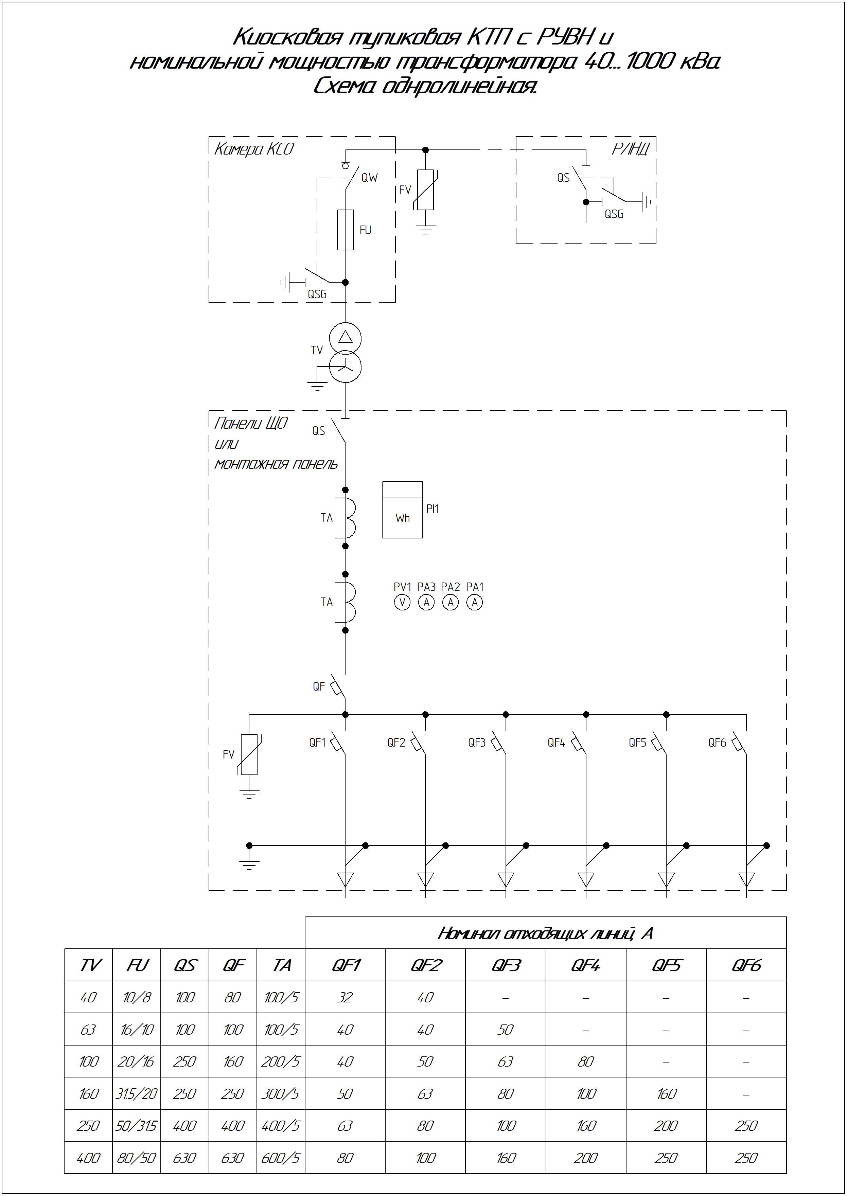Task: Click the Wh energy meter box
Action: click(x=402, y=510)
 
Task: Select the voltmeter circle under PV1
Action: click(x=402, y=602)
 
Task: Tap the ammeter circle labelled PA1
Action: click(x=475, y=602)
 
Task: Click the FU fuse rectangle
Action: click(x=345, y=230)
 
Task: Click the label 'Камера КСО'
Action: click(x=254, y=150)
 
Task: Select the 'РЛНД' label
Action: click(x=631, y=150)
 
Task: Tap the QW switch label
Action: click(x=369, y=178)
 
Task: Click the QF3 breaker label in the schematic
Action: click(x=477, y=743)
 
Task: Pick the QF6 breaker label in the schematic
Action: click(x=717, y=743)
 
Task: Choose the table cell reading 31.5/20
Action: click(x=137, y=1094)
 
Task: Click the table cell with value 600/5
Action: click(x=281, y=1158)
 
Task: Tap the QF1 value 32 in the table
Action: click(x=345, y=997)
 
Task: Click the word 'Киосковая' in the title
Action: click(x=287, y=37)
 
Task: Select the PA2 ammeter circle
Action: click(x=451, y=602)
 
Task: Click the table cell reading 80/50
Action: click(x=137, y=1158)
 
